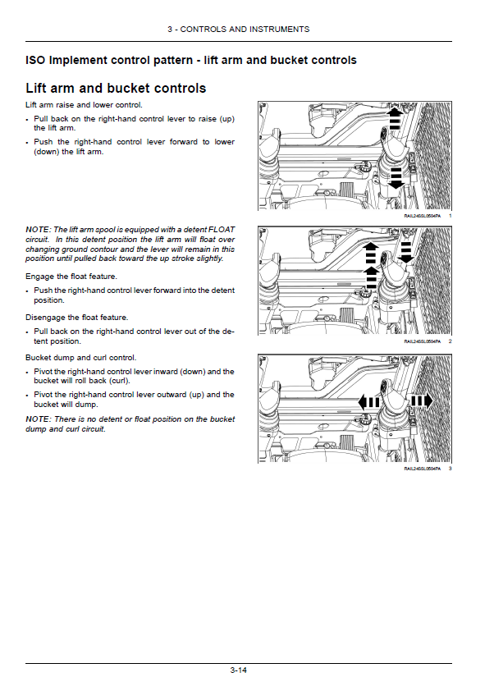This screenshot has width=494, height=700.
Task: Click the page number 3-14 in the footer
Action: tap(238, 670)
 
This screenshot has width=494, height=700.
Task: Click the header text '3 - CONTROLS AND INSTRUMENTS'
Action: tap(238, 30)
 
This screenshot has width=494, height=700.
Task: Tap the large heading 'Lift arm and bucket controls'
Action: tap(116, 88)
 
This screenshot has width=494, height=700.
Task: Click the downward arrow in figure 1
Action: tap(396, 177)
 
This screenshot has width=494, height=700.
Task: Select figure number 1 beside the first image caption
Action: tap(451, 215)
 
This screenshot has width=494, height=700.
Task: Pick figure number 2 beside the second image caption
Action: tap(451, 341)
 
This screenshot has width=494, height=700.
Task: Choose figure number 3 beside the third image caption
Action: tap(451, 468)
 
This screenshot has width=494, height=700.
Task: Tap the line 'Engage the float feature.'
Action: tap(71, 277)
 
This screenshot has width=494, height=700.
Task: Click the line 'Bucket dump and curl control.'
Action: tap(80, 358)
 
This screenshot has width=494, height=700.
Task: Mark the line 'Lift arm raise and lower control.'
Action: tap(84, 105)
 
